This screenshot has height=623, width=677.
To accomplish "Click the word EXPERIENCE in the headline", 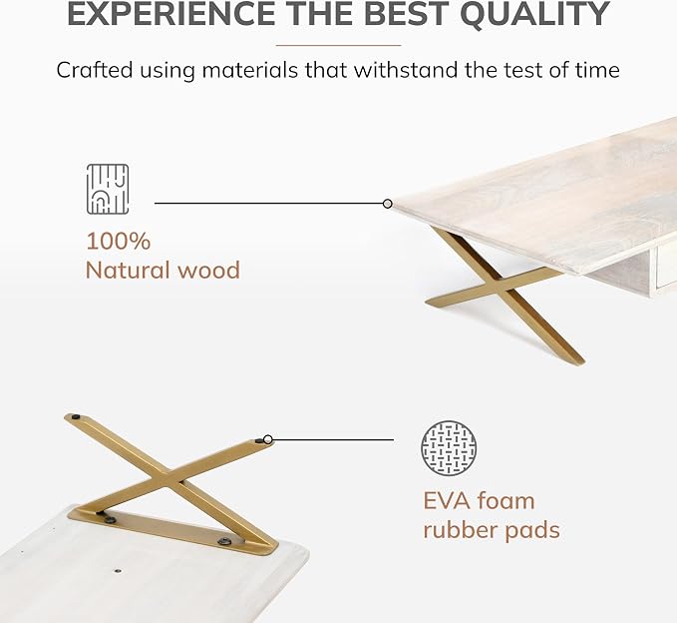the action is (x=171, y=13).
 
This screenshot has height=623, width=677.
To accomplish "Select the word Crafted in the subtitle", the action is (x=94, y=70).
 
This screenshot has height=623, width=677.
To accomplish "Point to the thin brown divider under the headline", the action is (x=339, y=45).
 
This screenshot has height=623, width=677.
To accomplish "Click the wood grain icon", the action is (x=108, y=189).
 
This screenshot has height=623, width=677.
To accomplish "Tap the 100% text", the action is (x=119, y=241).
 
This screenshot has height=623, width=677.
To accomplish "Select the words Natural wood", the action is (x=163, y=271).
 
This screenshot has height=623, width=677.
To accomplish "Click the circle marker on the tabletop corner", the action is (x=388, y=204).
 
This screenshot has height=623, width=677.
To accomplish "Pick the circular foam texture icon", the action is (x=449, y=447).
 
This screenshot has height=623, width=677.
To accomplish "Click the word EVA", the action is (x=446, y=501).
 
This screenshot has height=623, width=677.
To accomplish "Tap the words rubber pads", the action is (x=492, y=530).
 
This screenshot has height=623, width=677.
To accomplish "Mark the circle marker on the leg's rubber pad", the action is (x=267, y=439).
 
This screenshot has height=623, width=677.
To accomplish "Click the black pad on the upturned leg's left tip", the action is (x=77, y=417).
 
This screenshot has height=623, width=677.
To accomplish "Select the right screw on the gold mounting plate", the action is (x=224, y=541).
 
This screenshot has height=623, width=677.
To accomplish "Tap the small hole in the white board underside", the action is (x=117, y=571).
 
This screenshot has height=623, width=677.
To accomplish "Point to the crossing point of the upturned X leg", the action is (x=169, y=478).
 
